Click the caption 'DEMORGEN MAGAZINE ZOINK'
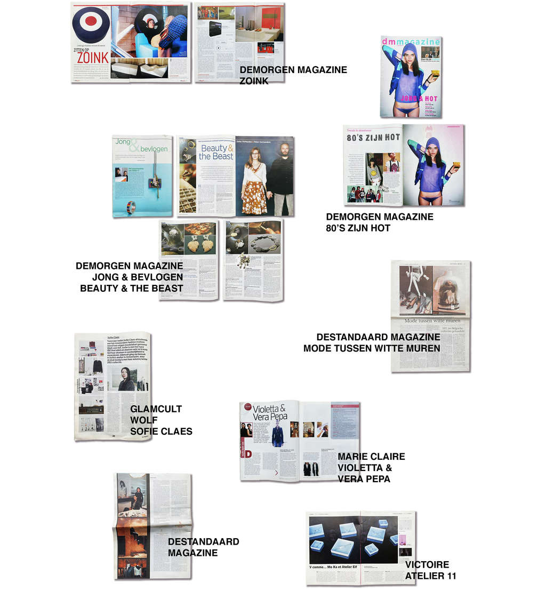(293, 75)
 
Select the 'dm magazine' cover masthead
(411, 42)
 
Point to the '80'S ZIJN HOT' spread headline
(373, 138)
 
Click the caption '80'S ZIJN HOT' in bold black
(358, 228)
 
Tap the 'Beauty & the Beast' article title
(216, 152)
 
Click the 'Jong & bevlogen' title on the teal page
(142, 146)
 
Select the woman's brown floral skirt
(254, 196)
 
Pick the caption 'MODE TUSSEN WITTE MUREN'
(372, 348)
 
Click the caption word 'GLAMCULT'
(156, 409)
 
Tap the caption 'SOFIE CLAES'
(161, 431)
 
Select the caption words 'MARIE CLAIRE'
(371, 457)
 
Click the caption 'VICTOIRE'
(427, 564)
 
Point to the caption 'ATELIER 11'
(430, 576)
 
